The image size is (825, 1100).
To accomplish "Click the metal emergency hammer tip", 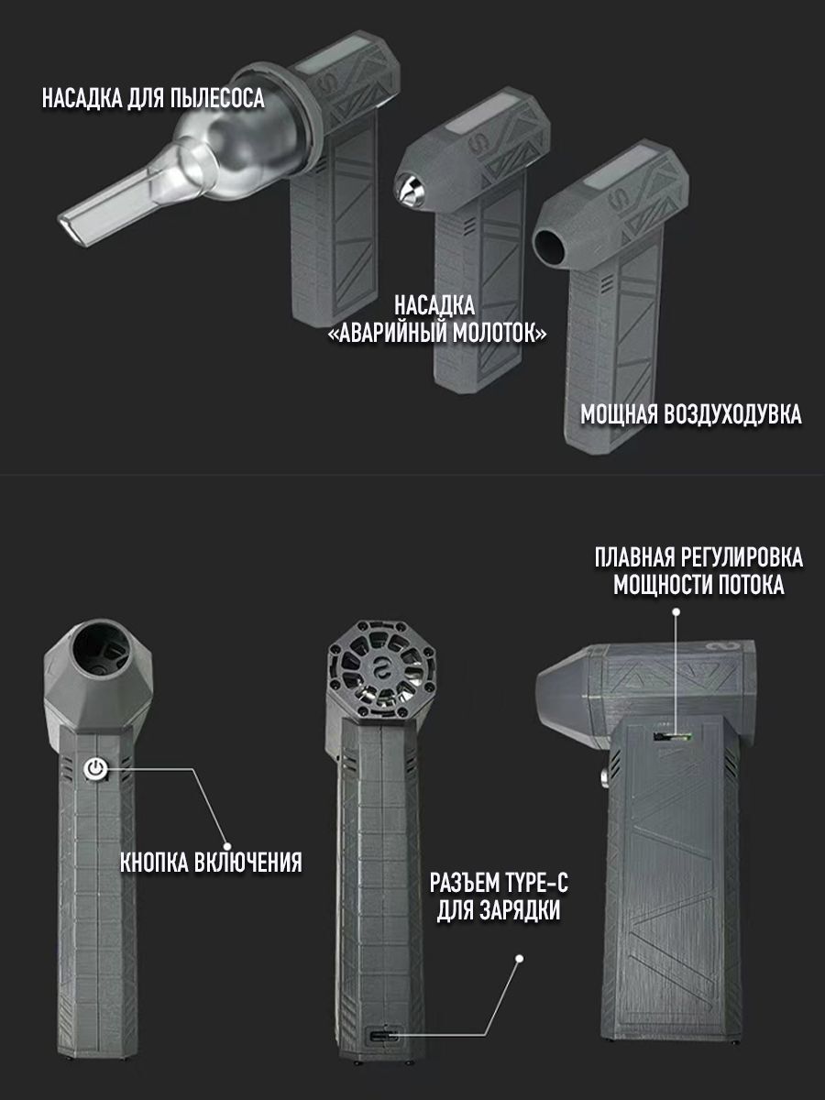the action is coord(409,190).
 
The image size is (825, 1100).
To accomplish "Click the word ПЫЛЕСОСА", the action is coord(217,98).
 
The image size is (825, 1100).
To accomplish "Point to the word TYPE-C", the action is coord(534,883).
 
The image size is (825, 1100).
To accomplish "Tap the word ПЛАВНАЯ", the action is coord(634,557).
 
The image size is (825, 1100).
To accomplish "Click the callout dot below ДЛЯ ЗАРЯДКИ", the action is coord(520,958).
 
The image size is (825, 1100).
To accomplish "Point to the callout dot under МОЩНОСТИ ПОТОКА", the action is coord(676,612).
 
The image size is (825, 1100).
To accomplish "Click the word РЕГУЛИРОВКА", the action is coord(741,557).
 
